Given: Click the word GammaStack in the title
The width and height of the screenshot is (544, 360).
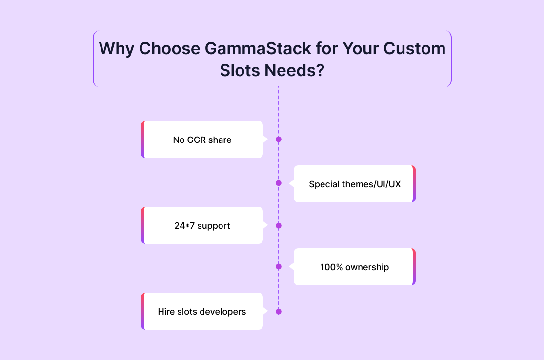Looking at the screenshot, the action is (x=258, y=48).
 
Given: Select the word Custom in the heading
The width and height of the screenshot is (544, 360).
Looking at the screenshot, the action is (x=414, y=48).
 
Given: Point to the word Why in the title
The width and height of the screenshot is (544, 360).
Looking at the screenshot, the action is (x=116, y=49).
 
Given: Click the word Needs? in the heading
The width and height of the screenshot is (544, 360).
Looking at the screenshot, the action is (x=295, y=70).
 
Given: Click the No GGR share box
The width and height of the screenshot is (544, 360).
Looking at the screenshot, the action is (x=202, y=140).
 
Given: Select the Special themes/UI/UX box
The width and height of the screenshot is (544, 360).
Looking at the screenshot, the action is (x=355, y=184).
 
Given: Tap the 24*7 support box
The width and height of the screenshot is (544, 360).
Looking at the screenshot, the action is (x=202, y=225).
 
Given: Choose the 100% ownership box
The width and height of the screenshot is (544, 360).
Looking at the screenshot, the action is (x=355, y=267).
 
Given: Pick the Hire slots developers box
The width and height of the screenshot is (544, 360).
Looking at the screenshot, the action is (x=202, y=311).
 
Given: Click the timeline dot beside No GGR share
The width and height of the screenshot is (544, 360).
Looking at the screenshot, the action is (x=278, y=140).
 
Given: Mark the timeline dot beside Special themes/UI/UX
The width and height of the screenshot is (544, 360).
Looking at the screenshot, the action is (x=278, y=183).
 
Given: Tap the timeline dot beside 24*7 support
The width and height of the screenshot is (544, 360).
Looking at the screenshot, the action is (x=278, y=226).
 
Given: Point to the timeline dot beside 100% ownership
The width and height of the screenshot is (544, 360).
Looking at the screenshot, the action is (x=278, y=267).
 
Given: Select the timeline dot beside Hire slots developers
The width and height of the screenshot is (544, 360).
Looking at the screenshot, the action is (x=278, y=311).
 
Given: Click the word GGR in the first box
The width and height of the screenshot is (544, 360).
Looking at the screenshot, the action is (x=196, y=140).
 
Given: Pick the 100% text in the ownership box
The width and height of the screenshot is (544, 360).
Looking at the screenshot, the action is (x=331, y=267).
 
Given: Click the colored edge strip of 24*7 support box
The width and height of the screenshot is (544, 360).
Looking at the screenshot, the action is (x=143, y=225).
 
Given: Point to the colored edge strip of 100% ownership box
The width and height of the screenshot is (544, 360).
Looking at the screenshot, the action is (x=414, y=267).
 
